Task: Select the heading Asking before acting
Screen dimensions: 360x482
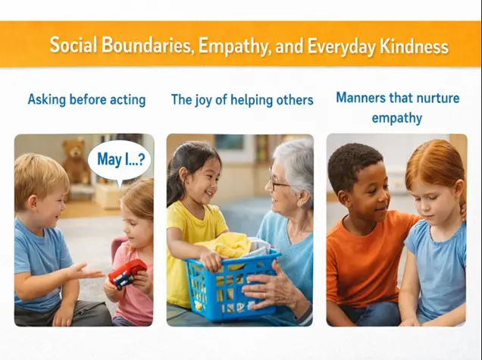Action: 86,99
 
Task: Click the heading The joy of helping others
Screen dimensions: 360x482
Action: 242,99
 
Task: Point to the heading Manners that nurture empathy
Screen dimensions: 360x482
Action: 397,107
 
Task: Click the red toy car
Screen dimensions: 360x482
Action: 128,272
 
